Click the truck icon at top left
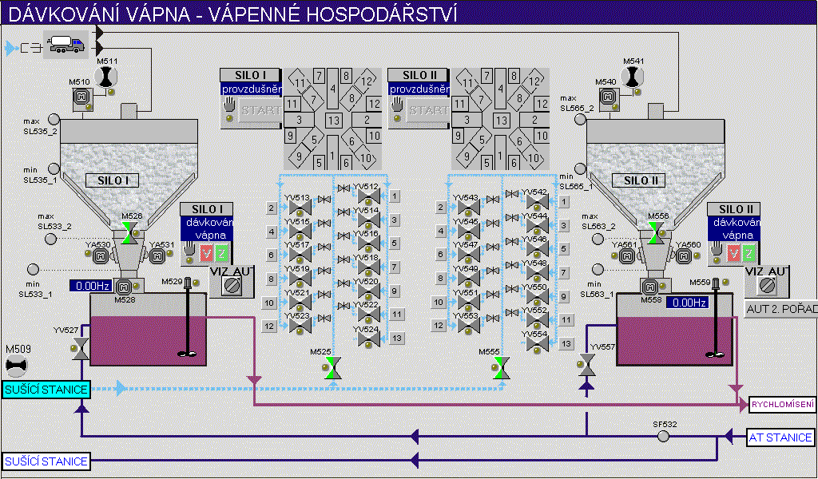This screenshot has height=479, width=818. (x=68, y=45)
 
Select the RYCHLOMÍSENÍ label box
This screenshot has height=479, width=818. (x=783, y=405)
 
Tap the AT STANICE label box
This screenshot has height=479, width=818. (x=780, y=437)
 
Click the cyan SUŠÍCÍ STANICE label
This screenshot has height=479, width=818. (x=46, y=389)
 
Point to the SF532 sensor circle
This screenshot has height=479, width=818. (x=664, y=436)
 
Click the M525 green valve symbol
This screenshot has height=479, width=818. (x=334, y=368)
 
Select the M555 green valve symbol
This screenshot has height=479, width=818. (x=502, y=368)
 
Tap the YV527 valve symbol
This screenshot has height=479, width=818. (x=80, y=349)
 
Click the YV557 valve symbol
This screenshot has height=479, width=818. (x=587, y=365)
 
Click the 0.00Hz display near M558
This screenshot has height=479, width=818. (x=688, y=303)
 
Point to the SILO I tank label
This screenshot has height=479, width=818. (x=113, y=180)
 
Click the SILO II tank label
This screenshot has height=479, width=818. (x=641, y=180)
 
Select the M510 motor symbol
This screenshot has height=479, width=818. (x=79, y=97)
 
